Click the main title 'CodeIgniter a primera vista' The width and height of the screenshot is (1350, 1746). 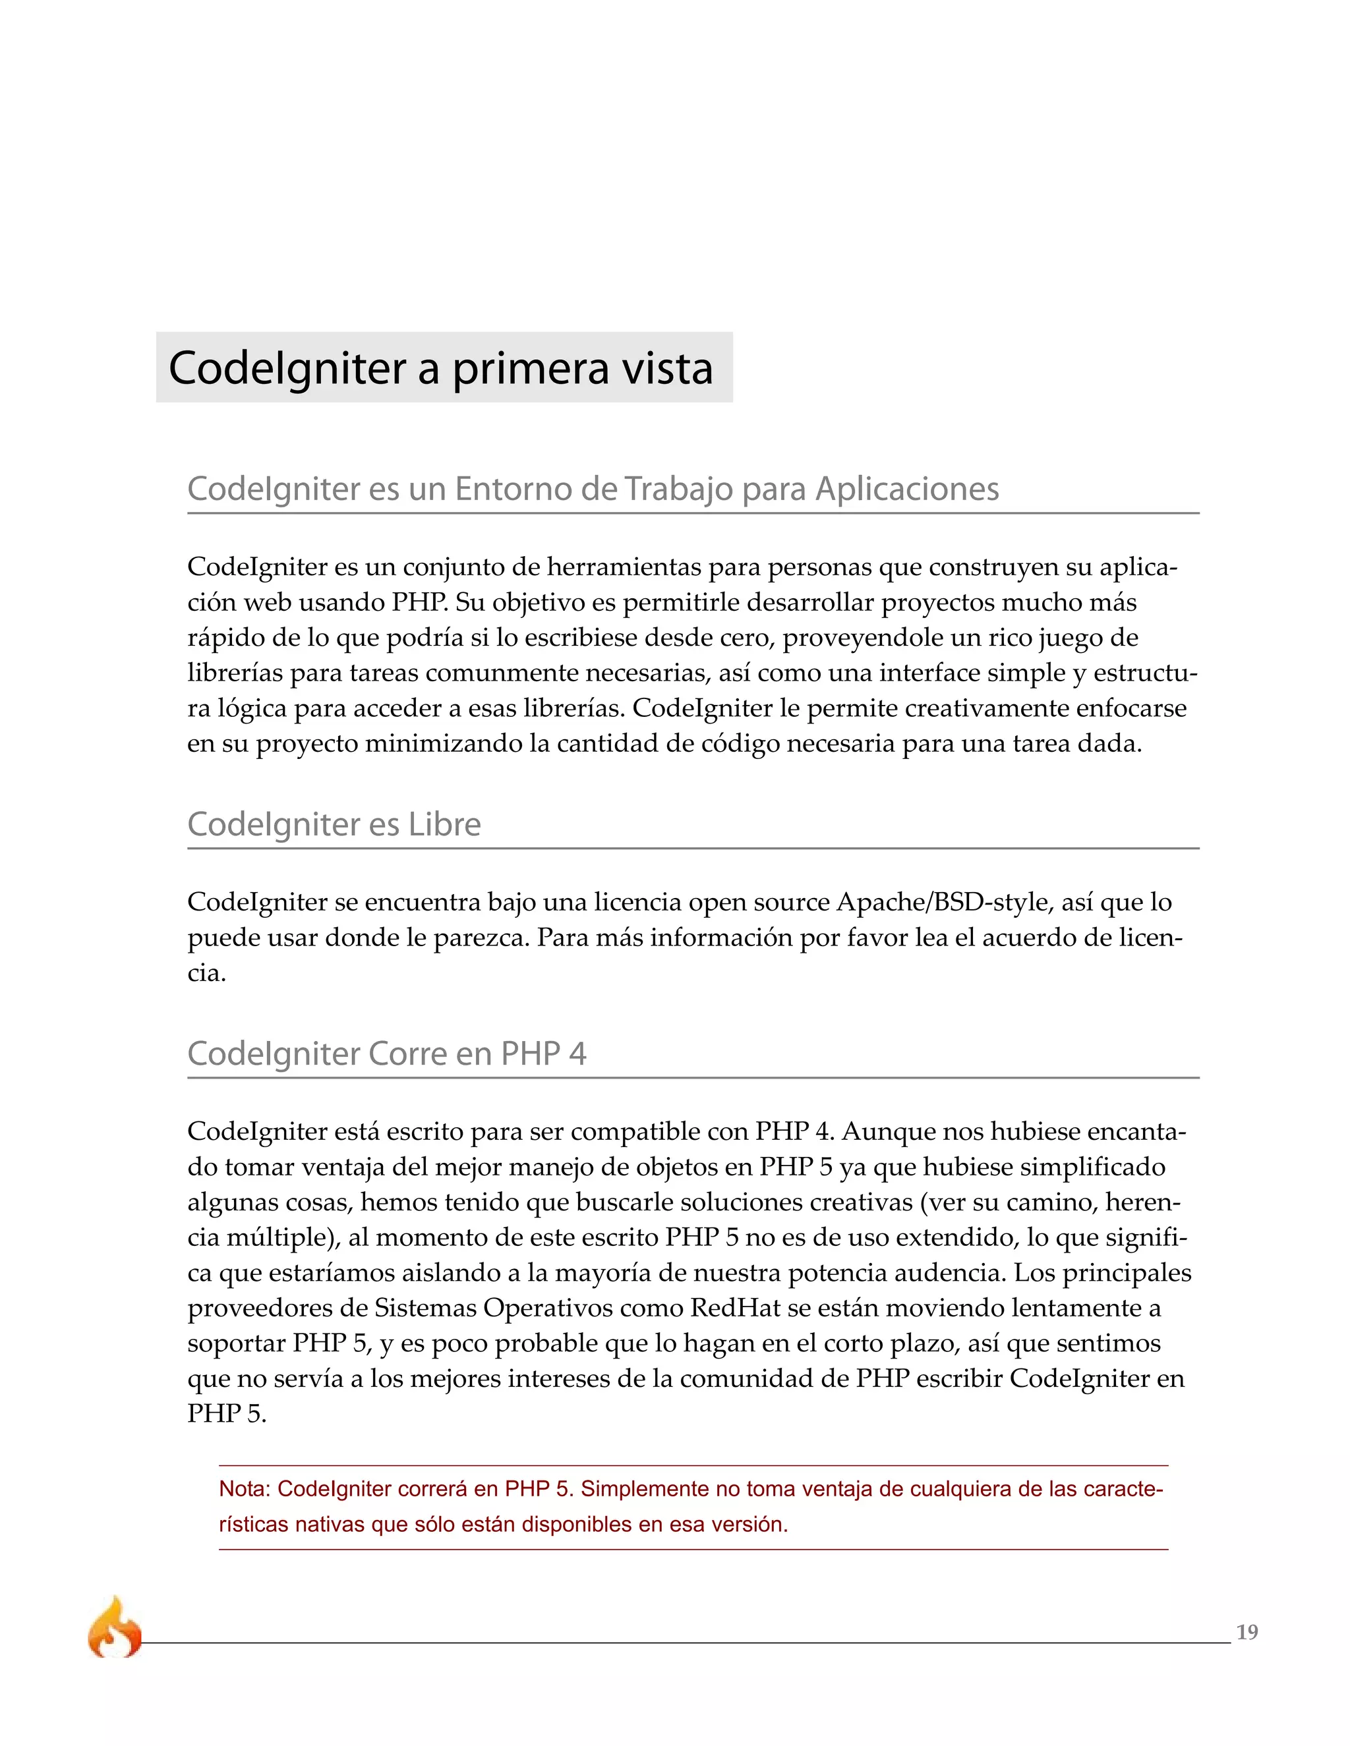(441, 368)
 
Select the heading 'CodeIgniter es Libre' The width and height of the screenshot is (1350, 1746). (334, 824)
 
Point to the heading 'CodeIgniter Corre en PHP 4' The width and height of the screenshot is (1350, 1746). (386, 1054)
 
